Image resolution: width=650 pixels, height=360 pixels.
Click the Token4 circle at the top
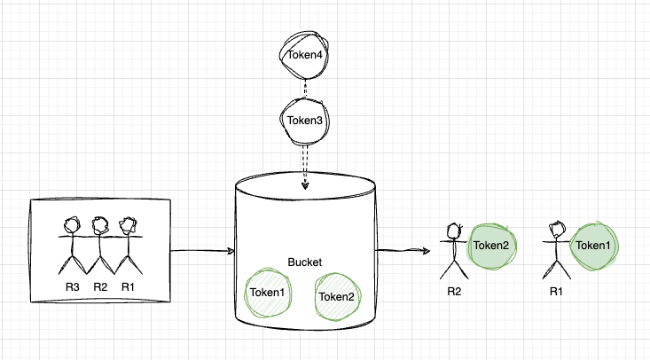click(x=304, y=55)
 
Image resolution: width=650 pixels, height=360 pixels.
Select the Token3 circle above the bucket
click(x=304, y=120)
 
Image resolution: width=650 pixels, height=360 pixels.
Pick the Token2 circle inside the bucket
click(x=335, y=297)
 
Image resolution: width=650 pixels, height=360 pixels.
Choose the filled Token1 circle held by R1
click(x=593, y=245)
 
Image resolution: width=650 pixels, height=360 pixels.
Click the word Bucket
click(x=305, y=262)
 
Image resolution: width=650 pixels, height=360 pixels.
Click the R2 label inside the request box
click(x=99, y=286)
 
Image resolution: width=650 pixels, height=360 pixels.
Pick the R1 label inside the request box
click(x=128, y=286)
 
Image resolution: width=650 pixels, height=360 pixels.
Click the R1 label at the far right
click(x=557, y=290)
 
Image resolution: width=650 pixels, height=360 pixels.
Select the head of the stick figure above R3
click(x=73, y=226)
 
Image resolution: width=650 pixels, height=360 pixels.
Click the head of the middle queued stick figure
click(x=100, y=226)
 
